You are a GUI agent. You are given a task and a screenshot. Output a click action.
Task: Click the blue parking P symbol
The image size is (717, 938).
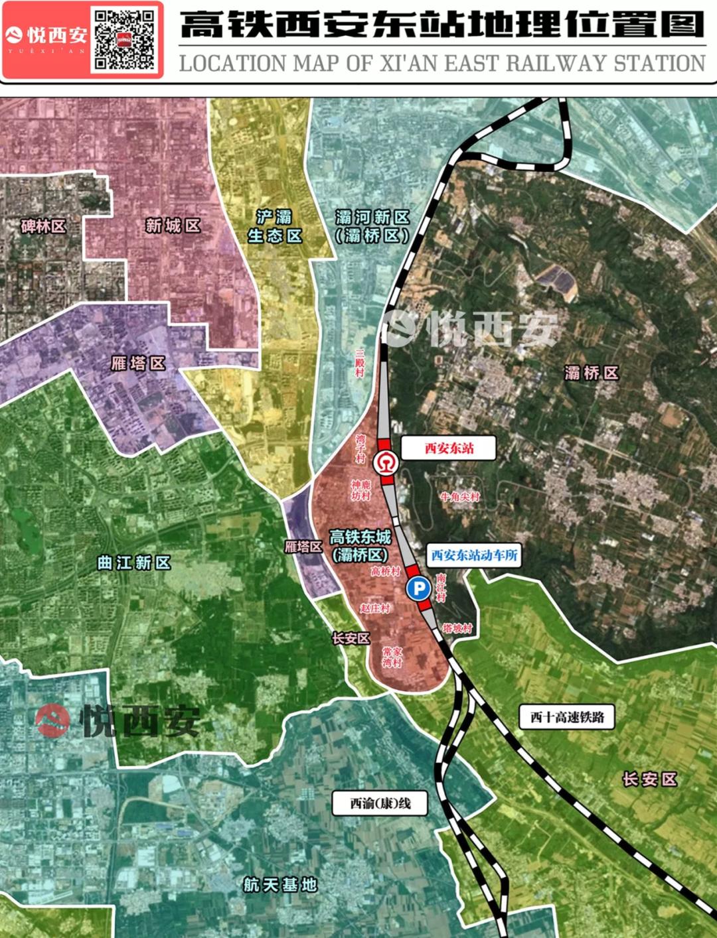click(x=418, y=588)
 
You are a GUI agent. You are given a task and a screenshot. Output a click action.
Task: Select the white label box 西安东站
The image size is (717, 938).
click(x=449, y=448)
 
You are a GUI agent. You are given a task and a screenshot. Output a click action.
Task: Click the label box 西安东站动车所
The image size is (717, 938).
click(x=473, y=555)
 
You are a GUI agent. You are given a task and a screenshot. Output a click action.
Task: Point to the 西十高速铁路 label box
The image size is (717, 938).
click(x=566, y=716)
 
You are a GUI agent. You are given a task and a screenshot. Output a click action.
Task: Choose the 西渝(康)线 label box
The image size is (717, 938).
click(x=380, y=803)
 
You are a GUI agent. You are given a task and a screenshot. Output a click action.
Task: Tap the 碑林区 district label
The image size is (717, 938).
click(x=44, y=226)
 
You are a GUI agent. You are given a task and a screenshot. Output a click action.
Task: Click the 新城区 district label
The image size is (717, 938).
click(x=173, y=226)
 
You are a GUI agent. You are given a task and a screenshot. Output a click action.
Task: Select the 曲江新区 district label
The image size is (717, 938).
click(x=134, y=563)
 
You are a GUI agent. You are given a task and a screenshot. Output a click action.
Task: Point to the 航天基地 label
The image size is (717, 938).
click(x=279, y=884)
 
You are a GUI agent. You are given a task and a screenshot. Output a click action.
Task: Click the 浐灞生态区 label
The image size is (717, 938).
click(x=274, y=226)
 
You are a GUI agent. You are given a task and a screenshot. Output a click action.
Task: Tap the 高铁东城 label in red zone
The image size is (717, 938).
click(x=360, y=545)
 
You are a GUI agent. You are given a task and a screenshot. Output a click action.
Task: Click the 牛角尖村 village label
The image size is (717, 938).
click(x=459, y=496)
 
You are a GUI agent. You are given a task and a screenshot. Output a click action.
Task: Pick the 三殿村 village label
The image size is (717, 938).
click(x=360, y=363)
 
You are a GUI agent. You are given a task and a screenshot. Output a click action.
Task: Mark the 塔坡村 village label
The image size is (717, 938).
click(x=457, y=628)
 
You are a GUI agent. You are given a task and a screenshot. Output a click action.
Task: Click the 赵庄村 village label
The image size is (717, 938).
click(x=375, y=608)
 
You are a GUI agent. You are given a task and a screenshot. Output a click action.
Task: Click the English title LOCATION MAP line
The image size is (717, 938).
click(x=441, y=64)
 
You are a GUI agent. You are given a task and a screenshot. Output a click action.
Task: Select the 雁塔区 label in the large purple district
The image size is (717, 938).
click(x=137, y=363)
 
